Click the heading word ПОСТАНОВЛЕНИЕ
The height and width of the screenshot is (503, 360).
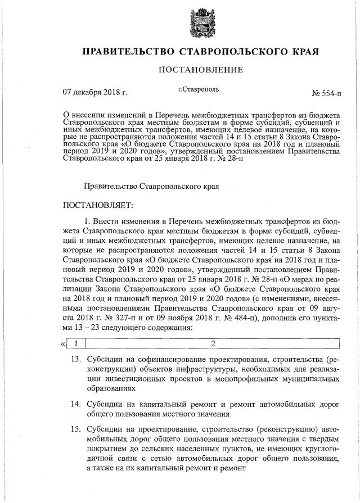pyautogui.click(x=200, y=70)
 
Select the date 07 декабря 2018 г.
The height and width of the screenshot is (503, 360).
pyautogui.click(x=95, y=91)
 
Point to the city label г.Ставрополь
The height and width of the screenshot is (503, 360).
pyautogui.click(x=199, y=89)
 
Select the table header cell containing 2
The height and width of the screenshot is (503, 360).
pyautogui.click(x=213, y=343)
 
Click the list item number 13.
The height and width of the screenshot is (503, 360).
pyautogui.click(x=74, y=359)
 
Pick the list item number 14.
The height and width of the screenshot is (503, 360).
pyautogui.click(x=74, y=404)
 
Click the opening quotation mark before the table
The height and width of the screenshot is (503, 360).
pyautogui.click(x=62, y=343)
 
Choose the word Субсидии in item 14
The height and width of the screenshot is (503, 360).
pyautogui.click(x=104, y=404)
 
